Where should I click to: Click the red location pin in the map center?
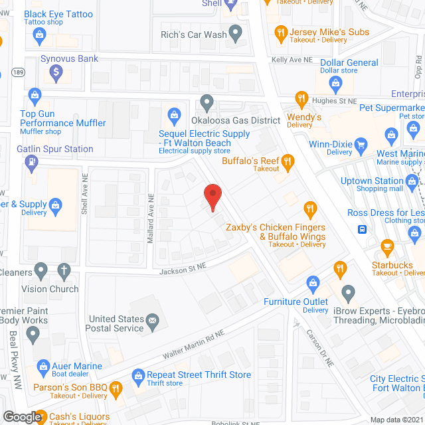pos(212,197)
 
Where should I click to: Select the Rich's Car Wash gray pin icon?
pos(235,33)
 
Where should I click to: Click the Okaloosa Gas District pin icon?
pos(207,102)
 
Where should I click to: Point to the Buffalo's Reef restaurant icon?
pos(288,160)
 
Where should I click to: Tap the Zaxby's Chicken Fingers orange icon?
pos(308,209)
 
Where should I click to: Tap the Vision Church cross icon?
pos(63,271)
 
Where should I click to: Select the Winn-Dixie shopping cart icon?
pos(361,143)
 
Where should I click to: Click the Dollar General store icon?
pos(336,83)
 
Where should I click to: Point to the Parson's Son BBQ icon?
pos(115,388)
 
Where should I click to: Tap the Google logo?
pos(22,416)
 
